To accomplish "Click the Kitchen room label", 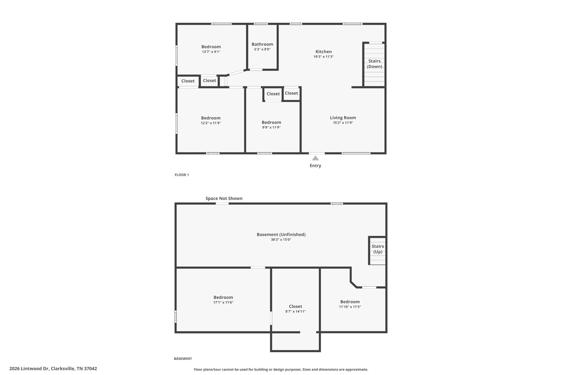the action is [x=324, y=52].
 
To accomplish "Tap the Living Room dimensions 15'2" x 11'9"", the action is [x=343, y=123].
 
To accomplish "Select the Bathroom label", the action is [x=262, y=44].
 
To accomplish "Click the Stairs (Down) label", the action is [x=375, y=64].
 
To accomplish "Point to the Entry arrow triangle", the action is [x=315, y=158].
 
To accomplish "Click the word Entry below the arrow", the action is [x=315, y=166].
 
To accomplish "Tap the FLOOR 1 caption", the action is [x=182, y=175].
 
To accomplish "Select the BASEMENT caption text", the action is [x=183, y=359].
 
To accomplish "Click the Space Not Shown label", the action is [x=224, y=198].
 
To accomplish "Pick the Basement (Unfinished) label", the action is [x=281, y=235].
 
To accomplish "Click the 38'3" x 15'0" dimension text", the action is [x=281, y=240].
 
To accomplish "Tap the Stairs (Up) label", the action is [x=378, y=249].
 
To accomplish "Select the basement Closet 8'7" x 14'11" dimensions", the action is [x=295, y=312].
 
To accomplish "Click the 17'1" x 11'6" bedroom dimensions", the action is [x=223, y=302].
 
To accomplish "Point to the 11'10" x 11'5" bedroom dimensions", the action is [x=350, y=307].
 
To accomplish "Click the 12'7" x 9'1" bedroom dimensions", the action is [x=211, y=52].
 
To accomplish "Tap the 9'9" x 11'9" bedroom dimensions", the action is [x=271, y=127].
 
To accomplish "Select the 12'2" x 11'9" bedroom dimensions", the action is [x=210, y=123].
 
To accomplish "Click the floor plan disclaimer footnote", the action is [x=281, y=370].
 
